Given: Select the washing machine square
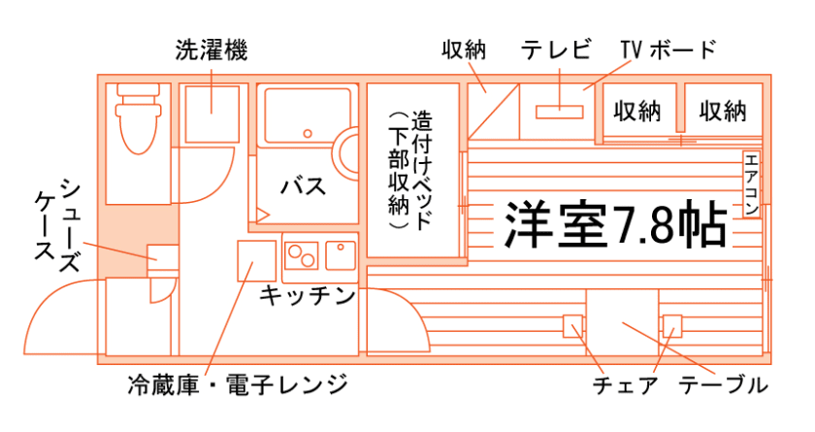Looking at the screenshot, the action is [211, 112].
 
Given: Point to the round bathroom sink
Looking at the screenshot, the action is [348, 155].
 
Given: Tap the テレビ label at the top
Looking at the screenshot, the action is [556, 50].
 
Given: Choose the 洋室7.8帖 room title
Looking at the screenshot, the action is [615, 225].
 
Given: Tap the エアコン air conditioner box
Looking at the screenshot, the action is [752, 184].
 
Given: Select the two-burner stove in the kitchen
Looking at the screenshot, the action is [302, 256].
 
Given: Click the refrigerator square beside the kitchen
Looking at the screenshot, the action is [257, 261].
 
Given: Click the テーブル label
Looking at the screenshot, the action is [723, 385].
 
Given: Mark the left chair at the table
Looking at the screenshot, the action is [573, 325].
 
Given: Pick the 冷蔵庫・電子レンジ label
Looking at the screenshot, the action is [237, 385].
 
